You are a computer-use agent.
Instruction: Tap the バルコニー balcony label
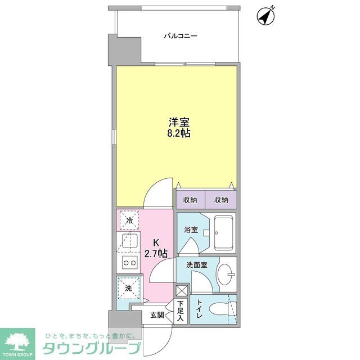[x=181, y=37]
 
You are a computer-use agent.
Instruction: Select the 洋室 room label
[x=176, y=121]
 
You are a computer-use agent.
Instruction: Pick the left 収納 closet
[x=190, y=200]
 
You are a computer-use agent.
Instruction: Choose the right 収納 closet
[x=220, y=200]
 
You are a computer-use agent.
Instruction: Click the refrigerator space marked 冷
[x=129, y=220]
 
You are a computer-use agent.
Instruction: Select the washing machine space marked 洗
[x=128, y=288]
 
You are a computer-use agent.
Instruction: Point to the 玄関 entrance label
[x=157, y=315]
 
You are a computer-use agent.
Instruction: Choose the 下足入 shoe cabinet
[x=180, y=312]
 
